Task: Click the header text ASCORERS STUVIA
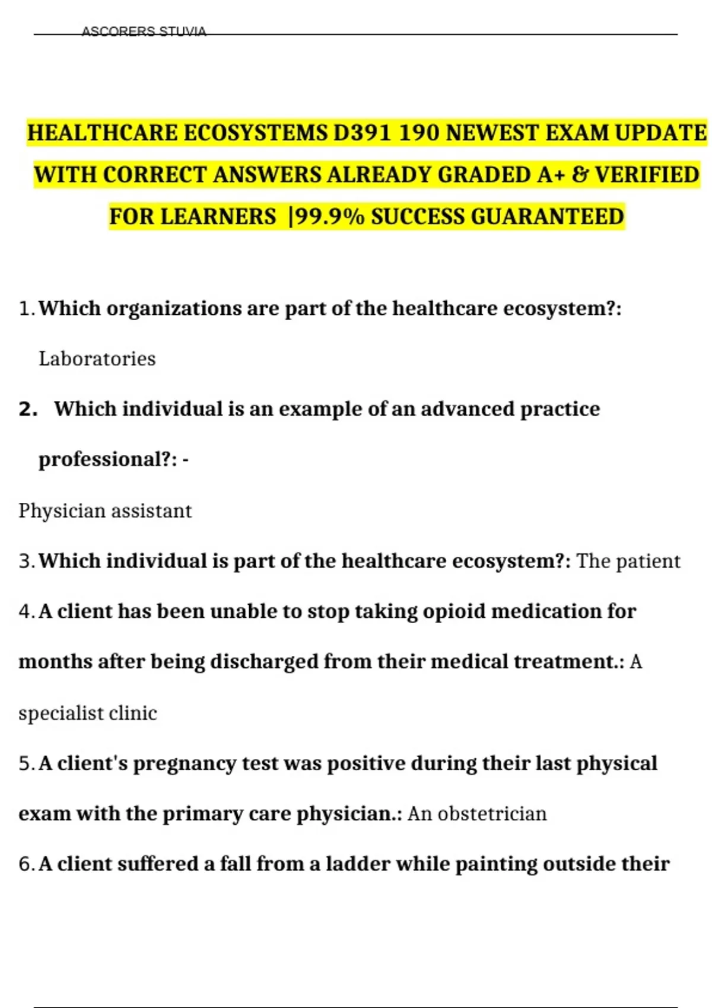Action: [x=144, y=31]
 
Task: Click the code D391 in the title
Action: [x=362, y=133]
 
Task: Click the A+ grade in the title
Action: [x=552, y=175]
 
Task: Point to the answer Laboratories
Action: [x=97, y=359]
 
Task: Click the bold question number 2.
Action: [x=28, y=409]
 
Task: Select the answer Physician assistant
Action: [x=105, y=511]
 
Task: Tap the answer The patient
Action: [x=628, y=561]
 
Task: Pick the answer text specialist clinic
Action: [x=88, y=713]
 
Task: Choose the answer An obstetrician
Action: [x=477, y=814]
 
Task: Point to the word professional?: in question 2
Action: [x=107, y=460]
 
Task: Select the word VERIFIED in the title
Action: [x=647, y=175]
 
